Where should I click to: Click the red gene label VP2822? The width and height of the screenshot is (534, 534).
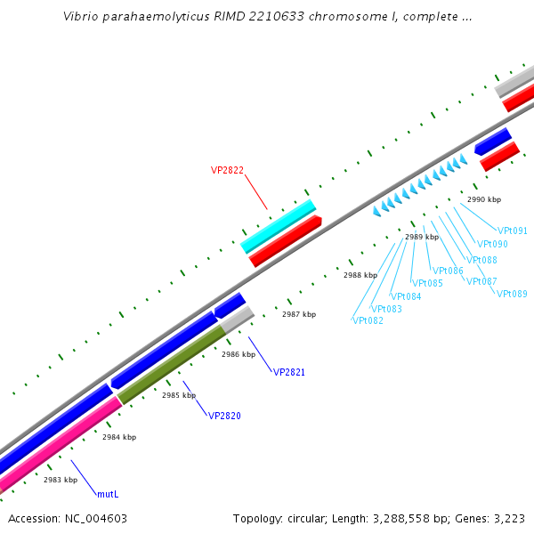coord(227,170)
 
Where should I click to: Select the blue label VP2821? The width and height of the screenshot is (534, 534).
coord(289,372)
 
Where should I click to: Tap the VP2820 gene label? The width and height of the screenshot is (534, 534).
coord(224,416)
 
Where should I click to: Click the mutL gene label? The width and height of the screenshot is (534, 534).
coord(108,493)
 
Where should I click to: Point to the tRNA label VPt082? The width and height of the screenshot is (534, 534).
coord(368,320)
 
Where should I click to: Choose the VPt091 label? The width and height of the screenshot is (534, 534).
coord(513,231)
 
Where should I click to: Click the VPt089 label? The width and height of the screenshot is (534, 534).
coord(512,294)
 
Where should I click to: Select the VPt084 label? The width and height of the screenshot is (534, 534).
coord(406,296)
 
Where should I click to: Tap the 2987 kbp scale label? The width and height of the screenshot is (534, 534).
coord(299,314)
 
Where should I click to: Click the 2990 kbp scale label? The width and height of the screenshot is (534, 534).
coord(484,200)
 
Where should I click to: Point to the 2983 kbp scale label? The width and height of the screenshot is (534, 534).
coord(61,480)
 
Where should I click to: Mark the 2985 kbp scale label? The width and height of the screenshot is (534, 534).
coord(179,395)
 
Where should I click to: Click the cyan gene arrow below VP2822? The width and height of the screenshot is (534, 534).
coord(279,226)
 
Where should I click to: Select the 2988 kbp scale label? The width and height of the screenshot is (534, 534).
coord(360,276)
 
